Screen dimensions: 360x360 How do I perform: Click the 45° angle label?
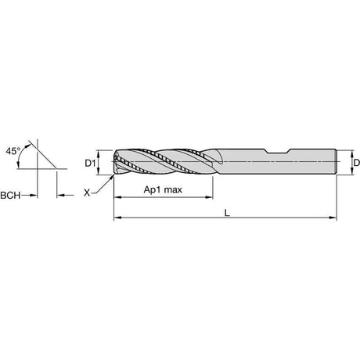click(13, 151)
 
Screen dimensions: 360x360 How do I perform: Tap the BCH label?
click(10, 195)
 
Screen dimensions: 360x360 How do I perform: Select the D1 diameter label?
click(90, 164)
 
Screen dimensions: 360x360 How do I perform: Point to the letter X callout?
click(87, 193)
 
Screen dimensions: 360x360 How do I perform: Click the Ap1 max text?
click(163, 189)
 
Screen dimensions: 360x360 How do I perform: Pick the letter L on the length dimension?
click(227, 213)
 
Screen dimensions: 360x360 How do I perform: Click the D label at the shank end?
click(357, 163)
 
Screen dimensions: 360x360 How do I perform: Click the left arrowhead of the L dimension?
click(117, 218)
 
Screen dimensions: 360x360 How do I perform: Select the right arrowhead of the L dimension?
click(333, 218)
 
